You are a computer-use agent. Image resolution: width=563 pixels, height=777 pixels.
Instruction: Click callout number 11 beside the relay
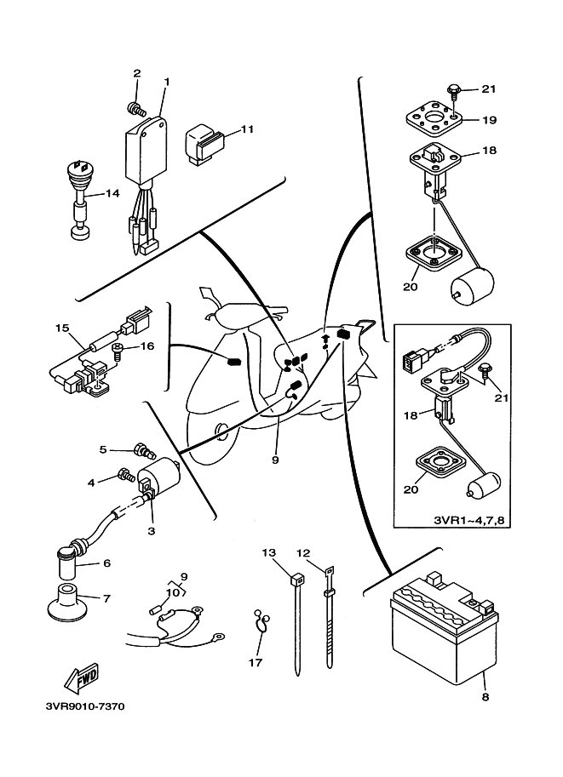coord(248,129)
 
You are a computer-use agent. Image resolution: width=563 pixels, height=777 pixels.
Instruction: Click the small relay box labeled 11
coord(207,140)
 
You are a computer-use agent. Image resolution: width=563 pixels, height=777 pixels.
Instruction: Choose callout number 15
coord(60,327)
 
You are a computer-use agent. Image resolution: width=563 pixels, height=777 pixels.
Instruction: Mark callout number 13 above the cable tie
coord(269,552)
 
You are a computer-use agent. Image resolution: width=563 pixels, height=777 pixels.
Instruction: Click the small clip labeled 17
coord(260,622)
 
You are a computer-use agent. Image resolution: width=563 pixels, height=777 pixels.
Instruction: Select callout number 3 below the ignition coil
coord(151,531)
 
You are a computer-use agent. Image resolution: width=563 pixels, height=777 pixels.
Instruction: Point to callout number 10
coord(171,591)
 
